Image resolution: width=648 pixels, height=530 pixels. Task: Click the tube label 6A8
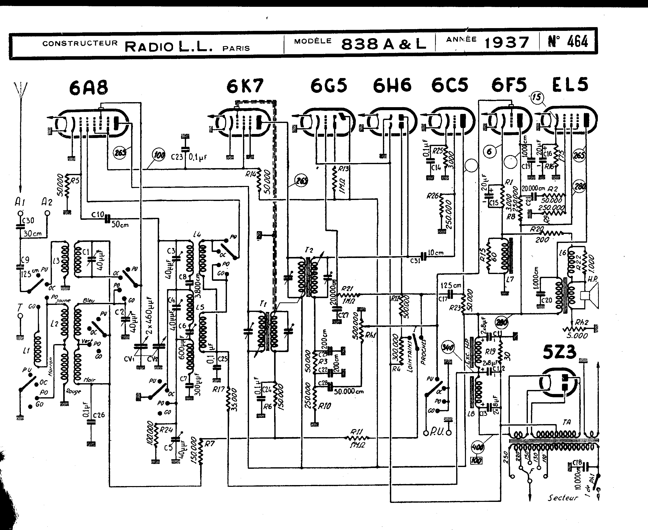pos(89,87)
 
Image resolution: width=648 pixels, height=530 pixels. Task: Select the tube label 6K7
pos(245,86)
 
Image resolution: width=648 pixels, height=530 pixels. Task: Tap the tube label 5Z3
pos(559,352)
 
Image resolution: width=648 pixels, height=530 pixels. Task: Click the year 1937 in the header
pos(507,43)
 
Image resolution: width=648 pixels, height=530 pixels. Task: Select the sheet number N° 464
pos(568,41)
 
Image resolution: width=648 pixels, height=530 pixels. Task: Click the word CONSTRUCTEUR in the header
pos(80,43)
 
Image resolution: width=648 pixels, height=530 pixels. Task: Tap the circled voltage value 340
pos(448,347)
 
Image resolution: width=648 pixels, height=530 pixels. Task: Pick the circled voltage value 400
pos(477,447)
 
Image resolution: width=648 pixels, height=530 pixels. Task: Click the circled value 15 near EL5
pos(537,97)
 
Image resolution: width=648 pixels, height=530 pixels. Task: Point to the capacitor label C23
pos(177,157)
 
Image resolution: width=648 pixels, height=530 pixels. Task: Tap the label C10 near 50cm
pos(98,215)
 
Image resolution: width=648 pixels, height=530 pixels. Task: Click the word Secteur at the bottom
pos(562,498)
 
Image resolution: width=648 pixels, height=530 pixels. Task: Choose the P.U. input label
pos(436,433)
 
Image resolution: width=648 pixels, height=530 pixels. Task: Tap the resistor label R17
pos(219,389)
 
